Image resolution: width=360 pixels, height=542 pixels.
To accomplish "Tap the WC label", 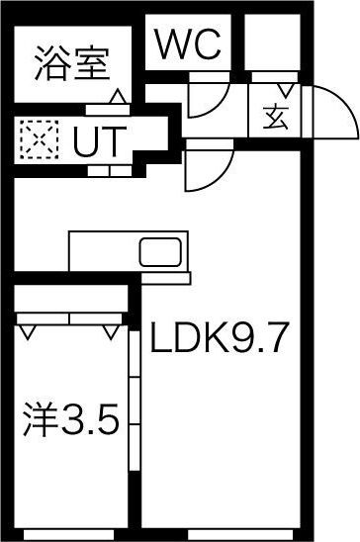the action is pyautogui.click(x=188, y=45).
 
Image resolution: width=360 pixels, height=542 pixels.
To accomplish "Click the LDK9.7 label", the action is pyautogui.click(x=219, y=341).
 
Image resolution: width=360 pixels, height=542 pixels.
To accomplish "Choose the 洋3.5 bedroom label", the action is pyautogui.click(x=71, y=423).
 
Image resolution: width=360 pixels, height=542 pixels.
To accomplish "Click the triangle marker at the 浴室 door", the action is pyautogui.click(x=117, y=96).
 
